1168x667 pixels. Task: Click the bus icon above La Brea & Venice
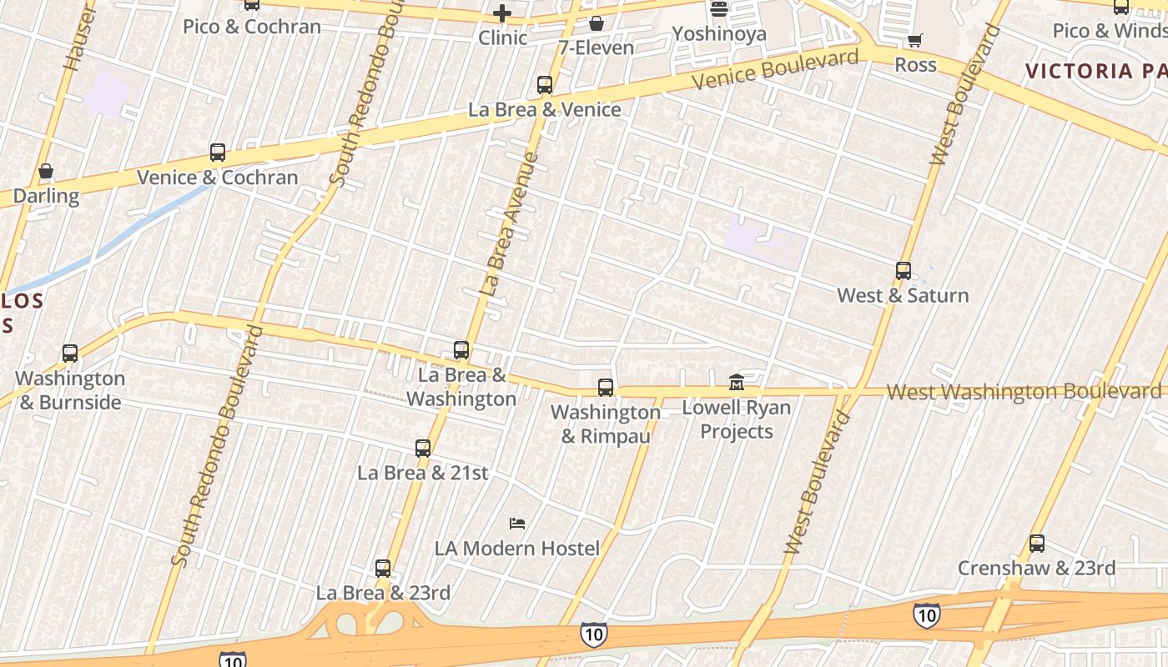(x=545, y=85)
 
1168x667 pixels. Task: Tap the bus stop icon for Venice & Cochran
(x=218, y=153)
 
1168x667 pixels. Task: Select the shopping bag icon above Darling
(x=46, y=172)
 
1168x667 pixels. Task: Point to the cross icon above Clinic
(x=501, y=13)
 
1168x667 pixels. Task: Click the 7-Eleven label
(x=596, y=48)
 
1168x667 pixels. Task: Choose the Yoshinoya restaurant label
(x=718, y=34)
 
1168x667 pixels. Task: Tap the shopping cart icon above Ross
(x=915, y=40)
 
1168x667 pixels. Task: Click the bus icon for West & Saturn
(x=904, y=271)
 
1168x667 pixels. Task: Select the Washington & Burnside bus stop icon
(x=70, y=354)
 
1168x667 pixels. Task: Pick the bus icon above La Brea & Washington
(x=461, y=350)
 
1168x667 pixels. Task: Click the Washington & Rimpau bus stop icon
(x=606, y=388)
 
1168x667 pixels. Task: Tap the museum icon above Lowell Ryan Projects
(x=736, y=383)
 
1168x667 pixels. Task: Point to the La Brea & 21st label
(x=423, y=473)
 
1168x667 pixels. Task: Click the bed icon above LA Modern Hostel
(x=517, y=524)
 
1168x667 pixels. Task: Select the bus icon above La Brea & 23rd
(x=383, y=569)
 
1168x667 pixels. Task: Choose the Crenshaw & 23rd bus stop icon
(x=1037, y=544)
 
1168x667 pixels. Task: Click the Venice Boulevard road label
(x=775, y=69)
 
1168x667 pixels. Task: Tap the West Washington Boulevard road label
(x=1024, y=391)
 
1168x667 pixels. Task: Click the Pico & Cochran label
(x=252, y=27)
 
